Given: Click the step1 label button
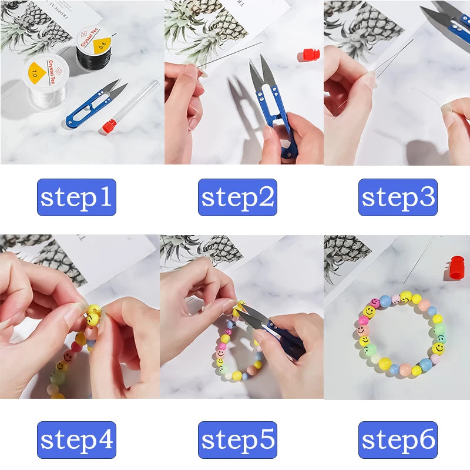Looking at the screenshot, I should pyautogui.click(x=76, y=197).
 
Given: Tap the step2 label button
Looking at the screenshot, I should pyautogui.click(x=237, y=197).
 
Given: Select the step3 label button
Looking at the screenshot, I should pyautogui.click(x=398, y=197).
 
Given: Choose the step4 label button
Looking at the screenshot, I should pyautogui.click(x=76, y=440).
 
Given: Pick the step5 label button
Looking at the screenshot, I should pyautogui.click(x=237, y=440).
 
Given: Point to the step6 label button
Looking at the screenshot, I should pyautogui.click(x=398, y=440).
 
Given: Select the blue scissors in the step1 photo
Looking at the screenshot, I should pyautogui.click(x=94, y=106).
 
